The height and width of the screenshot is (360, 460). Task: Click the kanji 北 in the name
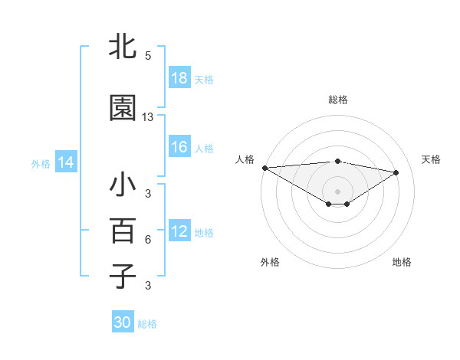tap(123, 47)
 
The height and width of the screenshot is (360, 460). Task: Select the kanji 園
tap(123, 109)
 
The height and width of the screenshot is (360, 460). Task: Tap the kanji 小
tap(123, 186)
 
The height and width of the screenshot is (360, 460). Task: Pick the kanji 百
tap(123, 231)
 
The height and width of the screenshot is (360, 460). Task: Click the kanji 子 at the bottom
tap(123, 275)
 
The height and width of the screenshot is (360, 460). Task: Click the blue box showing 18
tap(179, 78)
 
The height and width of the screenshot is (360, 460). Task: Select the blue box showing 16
tap(179, 147)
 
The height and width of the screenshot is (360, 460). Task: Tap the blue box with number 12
tap(179, 231)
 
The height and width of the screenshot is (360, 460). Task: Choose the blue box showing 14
tap(65, 162)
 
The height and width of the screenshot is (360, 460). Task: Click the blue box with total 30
tap(123, 322)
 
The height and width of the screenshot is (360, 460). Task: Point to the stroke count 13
tap(148, 117)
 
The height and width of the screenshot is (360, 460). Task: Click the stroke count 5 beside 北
tap(148, 56)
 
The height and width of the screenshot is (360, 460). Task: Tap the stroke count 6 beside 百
tap(148, 240)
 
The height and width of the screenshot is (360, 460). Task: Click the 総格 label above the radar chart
tap(337, 100)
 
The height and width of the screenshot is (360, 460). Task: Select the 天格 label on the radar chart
tap(432, 159)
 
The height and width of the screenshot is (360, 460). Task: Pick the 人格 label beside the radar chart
tap(245, 159)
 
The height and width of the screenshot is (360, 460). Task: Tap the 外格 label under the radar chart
tap(270, 262)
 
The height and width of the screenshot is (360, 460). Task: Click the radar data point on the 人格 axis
tap(264, 168)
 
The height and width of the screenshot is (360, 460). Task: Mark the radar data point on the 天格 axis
tap(396, 172)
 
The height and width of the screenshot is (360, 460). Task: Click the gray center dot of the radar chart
tap(337, 190)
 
